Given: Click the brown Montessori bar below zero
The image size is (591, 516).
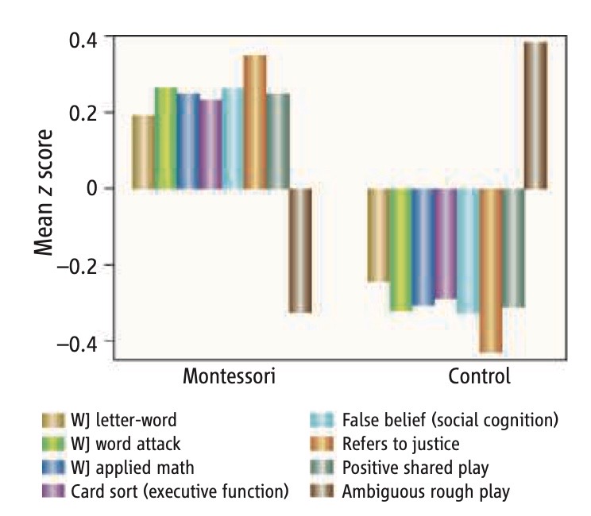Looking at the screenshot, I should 299,250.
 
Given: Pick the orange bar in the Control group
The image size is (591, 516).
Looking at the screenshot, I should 491,270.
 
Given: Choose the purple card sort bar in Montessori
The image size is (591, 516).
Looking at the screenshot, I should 211,144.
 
